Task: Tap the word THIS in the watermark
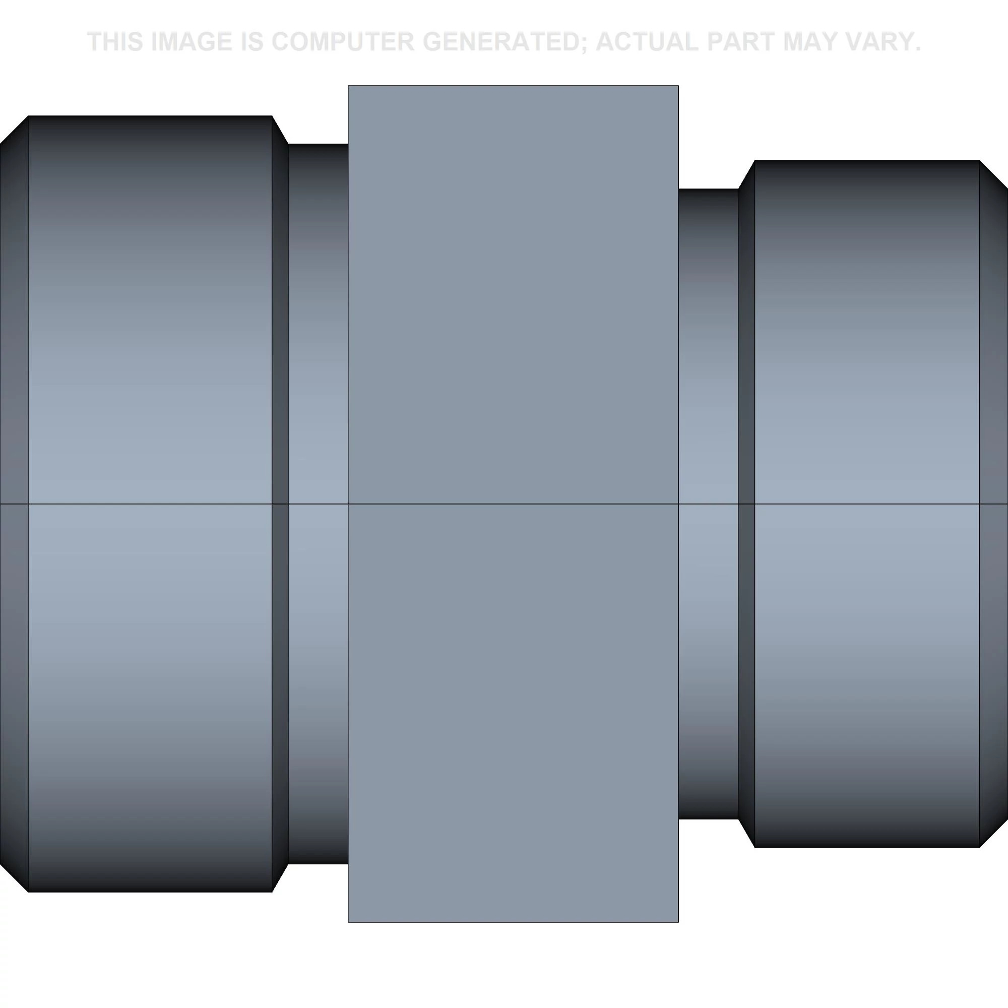coord(115,42)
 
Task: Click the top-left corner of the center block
coord(349,86)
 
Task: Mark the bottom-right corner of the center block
coord(678,921)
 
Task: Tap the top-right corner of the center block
coord(678,86)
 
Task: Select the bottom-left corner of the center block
coord(349,921)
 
